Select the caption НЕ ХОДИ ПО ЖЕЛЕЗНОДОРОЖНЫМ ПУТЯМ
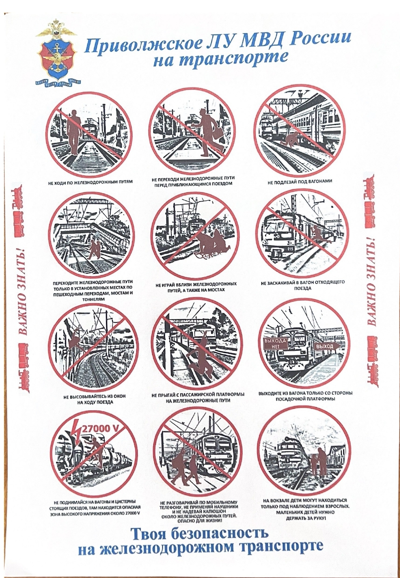tap(91, 182)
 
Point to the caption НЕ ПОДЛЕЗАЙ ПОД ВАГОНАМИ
tap(299, 181)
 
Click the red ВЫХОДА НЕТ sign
tap(275, 344)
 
